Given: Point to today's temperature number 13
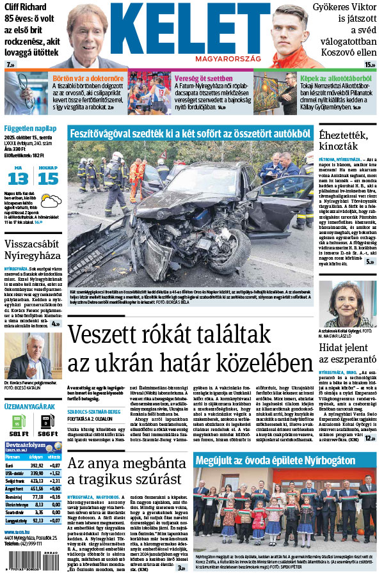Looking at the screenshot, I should click(18, 178).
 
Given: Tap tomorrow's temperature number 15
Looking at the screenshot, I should click(47, 178).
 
